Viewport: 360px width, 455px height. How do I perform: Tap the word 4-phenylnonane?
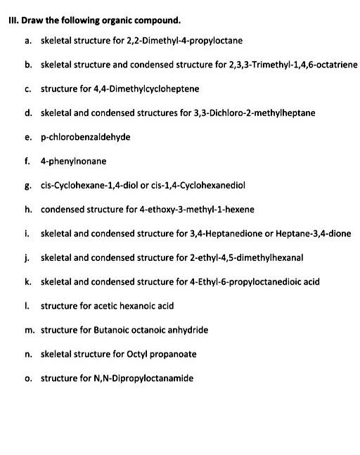pos(74,161)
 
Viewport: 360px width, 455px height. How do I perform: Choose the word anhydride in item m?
pos(186,330)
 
